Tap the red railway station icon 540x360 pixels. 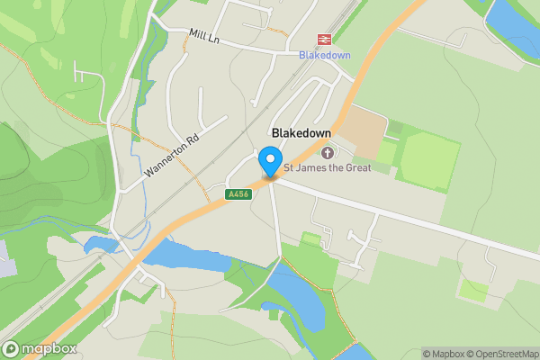pos(321,40)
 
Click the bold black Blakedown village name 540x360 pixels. pos(301,132)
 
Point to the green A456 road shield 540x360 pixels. pos(238,193)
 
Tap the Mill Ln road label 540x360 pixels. pos(205,35)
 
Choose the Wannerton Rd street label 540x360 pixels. pos(170,155)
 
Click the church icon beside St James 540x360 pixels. pos(326,152)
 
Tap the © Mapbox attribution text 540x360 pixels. pos(442,354)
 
